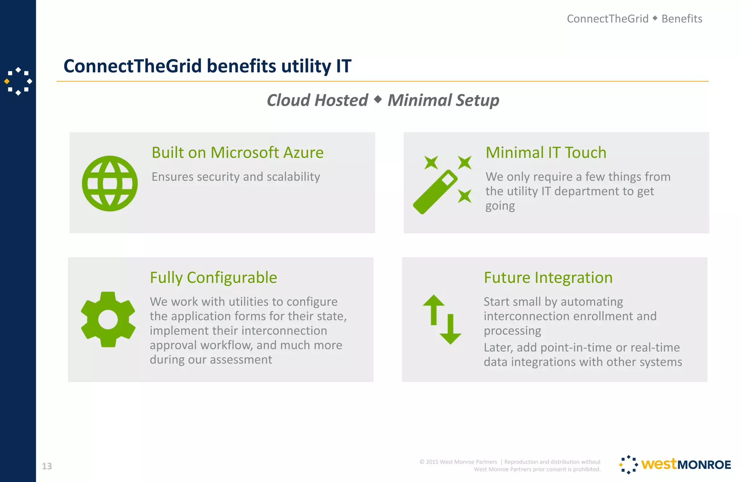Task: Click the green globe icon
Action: [x=110, y=184]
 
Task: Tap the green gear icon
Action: [x=108, y=319]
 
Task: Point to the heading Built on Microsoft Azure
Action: [x=237, y=152]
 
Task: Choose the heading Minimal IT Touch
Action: [x=546, y=152]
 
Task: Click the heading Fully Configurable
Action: [x=213, y=278]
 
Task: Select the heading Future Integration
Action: [x=548, y=278]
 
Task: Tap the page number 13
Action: [x=47, y=466]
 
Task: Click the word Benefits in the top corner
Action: [x=681, y=19]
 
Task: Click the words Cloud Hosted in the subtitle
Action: [x=317, y=100]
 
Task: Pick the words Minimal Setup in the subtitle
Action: [x=443, y=100]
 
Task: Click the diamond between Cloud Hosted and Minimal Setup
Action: [x=378, y=99]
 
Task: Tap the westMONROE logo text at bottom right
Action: [x=685, y=465]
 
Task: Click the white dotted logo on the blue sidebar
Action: [x=18, y=81]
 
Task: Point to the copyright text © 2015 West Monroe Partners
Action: [x=458, y=462]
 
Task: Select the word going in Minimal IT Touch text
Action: [x=500, y=206]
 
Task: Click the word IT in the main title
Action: [x=343, y=66]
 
